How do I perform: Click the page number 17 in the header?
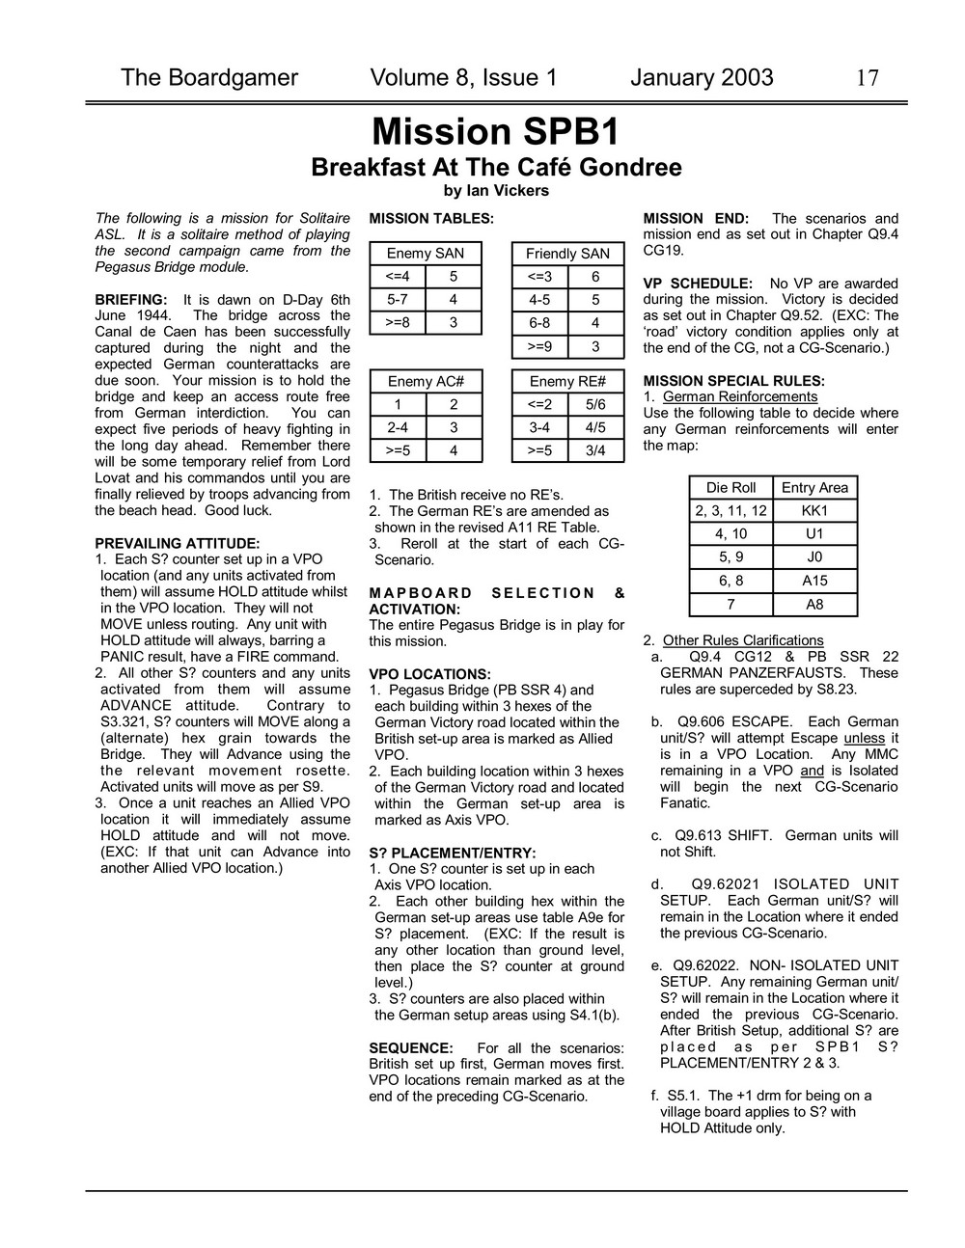coord(867,78)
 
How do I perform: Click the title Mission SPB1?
coord(496,131)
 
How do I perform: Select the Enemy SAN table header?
coord(425,254)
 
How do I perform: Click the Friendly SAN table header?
coord(567,254)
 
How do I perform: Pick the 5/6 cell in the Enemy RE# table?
coord(595,404)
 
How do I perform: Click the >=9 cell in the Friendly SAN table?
coord(539,346)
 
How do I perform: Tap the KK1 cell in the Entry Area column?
coord(814,511)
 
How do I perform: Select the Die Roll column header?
coord(731,488)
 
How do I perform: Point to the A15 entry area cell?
coord(814,581)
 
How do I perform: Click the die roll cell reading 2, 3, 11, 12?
coord(731,511)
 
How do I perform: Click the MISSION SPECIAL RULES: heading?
coord(733,381)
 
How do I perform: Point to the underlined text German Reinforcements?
coord(740,397)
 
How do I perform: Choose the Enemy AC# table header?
coord(425,381)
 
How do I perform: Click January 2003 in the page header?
coord(702,78)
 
